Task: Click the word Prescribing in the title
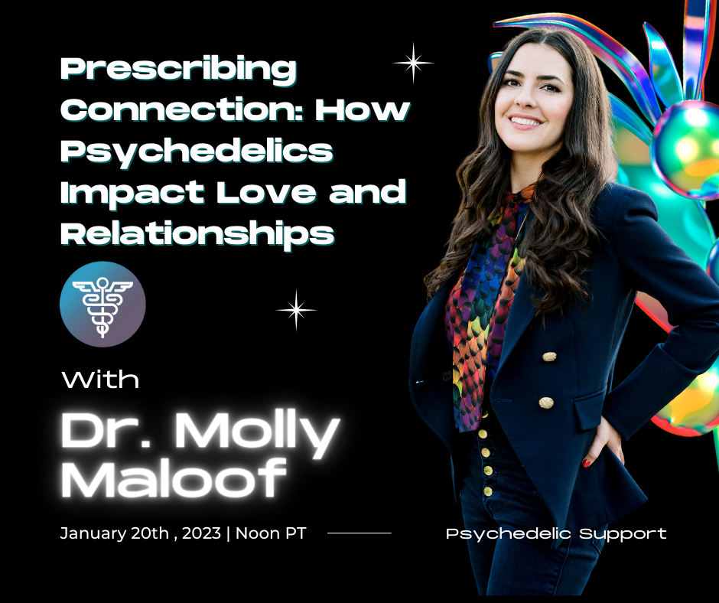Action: [x=178, y=70]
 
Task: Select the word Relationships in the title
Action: [x=197, y=234]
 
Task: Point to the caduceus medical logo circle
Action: [x=102, y=305]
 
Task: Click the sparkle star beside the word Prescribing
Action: [x=413, y=63]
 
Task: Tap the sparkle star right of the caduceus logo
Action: [x=296, y=310]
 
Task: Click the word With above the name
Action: [x=101, y=380]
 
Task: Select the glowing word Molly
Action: [x=257, y=433]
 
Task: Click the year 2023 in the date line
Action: [x=202, y=533]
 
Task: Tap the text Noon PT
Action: [x=271, y=533]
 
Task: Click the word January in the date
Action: [x=93, y=533]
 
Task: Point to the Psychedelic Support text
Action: [x=556, y=534]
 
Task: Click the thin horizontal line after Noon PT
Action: [x=359, y=533]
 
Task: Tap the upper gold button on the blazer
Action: [x=549, y=357]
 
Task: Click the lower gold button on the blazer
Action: [x=545, y=403]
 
